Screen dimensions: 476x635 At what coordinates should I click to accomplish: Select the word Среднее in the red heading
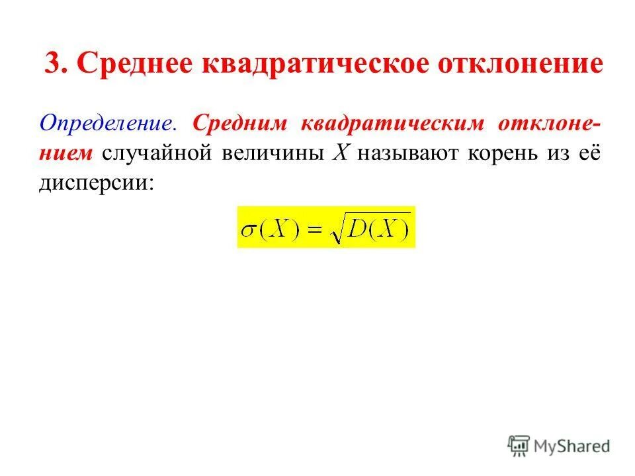(134, 65)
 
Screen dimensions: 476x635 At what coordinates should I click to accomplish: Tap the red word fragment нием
(67, 152)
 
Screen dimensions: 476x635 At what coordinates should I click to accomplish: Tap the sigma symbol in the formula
(249, 229)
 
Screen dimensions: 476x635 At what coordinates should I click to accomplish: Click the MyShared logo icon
(519, 446)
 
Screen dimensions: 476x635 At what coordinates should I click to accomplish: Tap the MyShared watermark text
(572, 447)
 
